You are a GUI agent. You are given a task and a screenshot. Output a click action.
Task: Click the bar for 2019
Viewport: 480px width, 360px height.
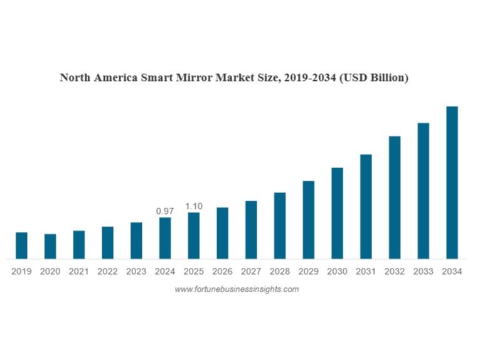[x=21, y=245]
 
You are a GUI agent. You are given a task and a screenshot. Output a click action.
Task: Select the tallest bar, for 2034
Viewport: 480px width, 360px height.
[x=452, y=183]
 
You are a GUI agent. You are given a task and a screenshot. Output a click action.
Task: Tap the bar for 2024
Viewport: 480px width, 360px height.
[x=165, y=238]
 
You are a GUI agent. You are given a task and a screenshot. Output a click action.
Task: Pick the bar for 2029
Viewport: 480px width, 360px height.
[x=308, y=220]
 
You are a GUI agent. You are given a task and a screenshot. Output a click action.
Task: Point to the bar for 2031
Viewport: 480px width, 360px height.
[x=366, y=206]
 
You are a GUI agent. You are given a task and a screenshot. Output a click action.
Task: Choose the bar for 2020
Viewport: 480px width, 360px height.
[x=50, y=246]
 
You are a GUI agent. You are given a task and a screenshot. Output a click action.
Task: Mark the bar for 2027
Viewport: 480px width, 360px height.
[x=251, y=230]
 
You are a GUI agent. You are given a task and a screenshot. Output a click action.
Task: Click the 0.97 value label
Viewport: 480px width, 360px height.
[x=164, y=211]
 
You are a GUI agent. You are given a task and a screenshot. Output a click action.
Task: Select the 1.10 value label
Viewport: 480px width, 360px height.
[x=193, y=206]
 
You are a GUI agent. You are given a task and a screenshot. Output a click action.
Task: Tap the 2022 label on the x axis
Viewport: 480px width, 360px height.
[x=107, y=272]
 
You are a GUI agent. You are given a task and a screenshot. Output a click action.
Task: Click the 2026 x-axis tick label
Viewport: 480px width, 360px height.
[x=222, y=272]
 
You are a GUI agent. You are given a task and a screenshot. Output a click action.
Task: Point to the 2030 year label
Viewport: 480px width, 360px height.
[x=337, y=272]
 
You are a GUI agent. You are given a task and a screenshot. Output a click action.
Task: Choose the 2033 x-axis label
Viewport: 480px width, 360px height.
[x=423, y=272]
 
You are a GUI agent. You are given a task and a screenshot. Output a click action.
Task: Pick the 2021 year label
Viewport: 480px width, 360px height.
[x=78, y=272]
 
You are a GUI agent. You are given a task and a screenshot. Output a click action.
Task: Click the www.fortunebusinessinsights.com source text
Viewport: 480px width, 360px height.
[x=237, y=289]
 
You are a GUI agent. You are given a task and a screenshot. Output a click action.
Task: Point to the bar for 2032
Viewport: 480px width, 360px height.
[x=395, y=197]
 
